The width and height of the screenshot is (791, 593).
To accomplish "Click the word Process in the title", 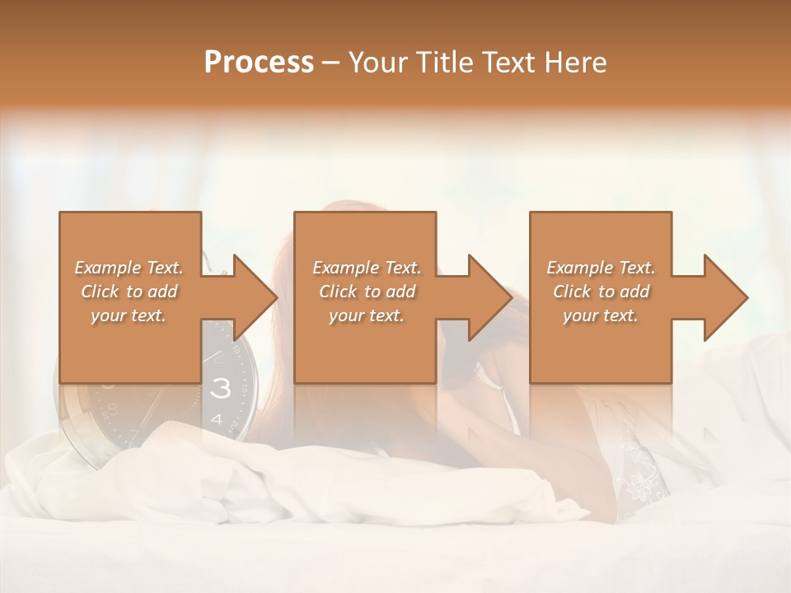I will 259,63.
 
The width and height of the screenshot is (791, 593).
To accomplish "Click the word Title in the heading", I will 444,63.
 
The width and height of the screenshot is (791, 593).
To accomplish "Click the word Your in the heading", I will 378,63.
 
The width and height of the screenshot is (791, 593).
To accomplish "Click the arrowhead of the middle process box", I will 489,297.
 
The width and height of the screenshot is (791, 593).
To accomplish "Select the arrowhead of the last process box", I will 724,297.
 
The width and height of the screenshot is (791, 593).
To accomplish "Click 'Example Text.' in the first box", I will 129,268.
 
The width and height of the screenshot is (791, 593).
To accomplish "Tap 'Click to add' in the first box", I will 129,292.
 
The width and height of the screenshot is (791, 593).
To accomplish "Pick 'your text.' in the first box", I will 129,315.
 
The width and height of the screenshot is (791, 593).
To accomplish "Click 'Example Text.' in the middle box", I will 367,268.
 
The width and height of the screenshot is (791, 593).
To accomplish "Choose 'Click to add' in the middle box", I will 367,292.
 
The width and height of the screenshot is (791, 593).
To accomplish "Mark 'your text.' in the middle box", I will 367,315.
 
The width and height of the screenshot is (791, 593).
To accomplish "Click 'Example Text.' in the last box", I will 601,268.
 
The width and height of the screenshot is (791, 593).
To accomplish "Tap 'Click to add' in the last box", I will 601,292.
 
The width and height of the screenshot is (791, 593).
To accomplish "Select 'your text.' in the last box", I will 601,315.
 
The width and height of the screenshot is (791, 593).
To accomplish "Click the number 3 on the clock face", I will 220,390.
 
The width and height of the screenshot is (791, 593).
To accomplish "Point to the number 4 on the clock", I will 217,419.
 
